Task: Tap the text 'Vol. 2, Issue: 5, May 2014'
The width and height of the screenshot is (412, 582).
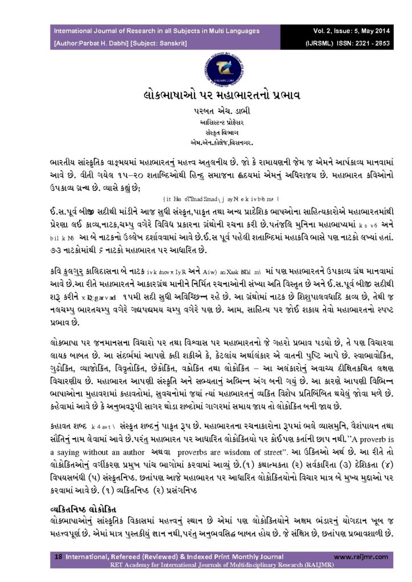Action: [349, 31]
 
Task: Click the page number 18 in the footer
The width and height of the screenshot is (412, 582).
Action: [58, 557]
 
